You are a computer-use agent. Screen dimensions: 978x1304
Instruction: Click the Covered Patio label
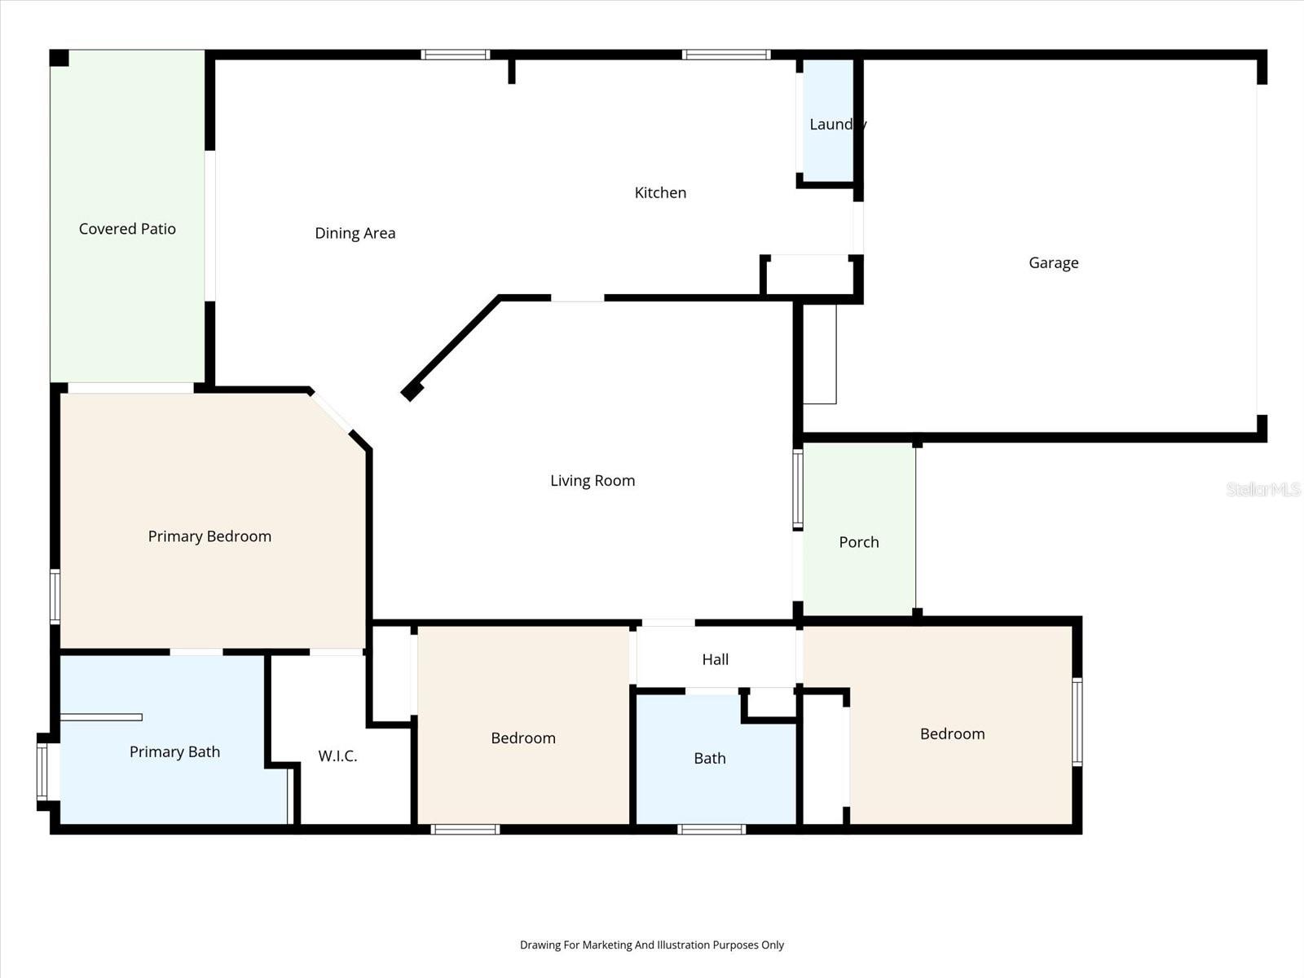[127, 229]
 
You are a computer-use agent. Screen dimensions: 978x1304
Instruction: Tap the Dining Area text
[355, 233]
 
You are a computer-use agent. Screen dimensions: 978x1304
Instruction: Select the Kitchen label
[660, 193]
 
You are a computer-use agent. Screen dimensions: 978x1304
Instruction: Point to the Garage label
[1053, 262]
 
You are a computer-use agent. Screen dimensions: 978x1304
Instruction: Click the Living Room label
[593, 481]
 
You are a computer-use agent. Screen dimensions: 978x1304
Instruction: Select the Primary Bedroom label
[209, 536]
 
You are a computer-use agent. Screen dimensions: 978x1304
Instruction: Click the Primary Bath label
[174, 751]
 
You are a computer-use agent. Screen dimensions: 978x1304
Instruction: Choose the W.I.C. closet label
[337, 756]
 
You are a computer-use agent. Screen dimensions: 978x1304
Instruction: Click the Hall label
[715, 659]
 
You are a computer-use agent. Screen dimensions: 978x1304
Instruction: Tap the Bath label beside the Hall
[709, 758]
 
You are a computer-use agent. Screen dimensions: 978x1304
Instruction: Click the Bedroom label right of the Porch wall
[952, 733]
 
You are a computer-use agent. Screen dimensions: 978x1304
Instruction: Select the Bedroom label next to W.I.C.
[523, 738]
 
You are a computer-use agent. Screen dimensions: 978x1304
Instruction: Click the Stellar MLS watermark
[1263, 489]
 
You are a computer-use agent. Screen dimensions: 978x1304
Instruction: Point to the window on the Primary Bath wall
[42, 771]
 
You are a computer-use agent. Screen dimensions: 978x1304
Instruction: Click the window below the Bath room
[711, 830]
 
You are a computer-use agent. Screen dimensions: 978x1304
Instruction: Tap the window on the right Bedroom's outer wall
[1077, 721]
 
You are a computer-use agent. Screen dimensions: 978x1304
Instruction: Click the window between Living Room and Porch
[798, 489]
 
